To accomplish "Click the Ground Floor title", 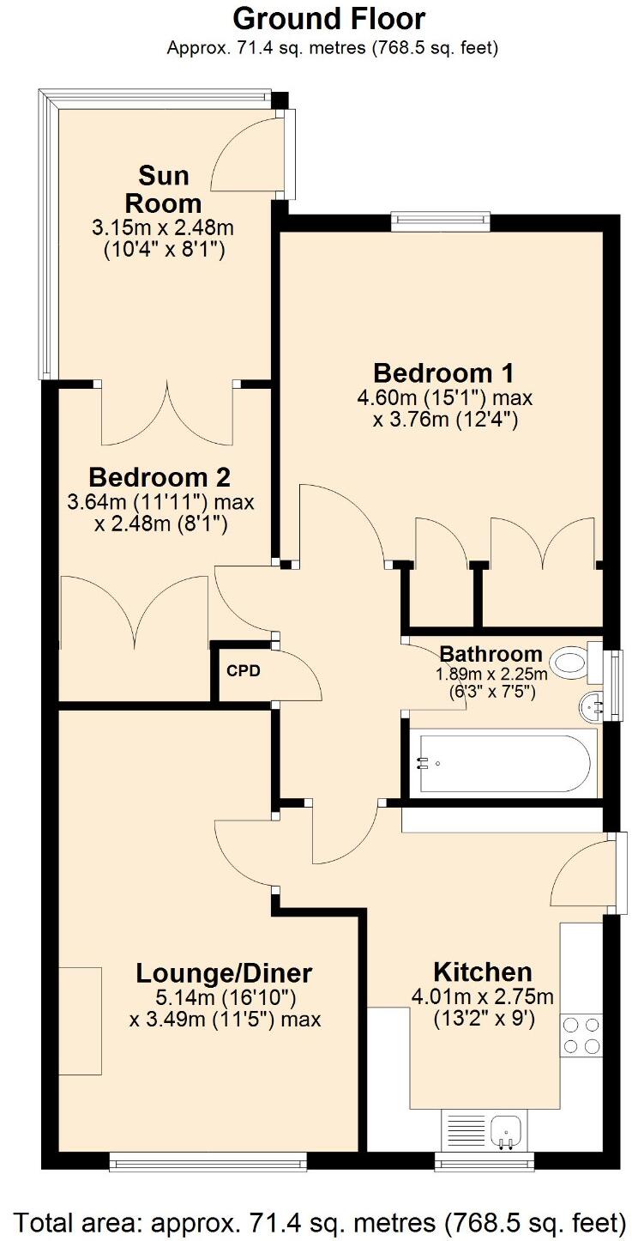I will tap(328, 18).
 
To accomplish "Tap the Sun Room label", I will tap(163, 190).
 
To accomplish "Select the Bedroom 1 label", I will tap(443, 373).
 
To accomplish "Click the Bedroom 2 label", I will tap(160, 476).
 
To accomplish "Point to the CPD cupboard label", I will tap(243, 670).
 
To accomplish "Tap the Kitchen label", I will tap(482, 972).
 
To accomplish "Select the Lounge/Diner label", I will tap(224, 973).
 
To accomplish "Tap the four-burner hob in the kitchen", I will tap(581, 1035).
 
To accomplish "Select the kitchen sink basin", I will tap(505, 1131).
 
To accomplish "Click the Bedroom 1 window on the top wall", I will tap(441, 221).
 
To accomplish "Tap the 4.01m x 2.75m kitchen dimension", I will tap(482, 997).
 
